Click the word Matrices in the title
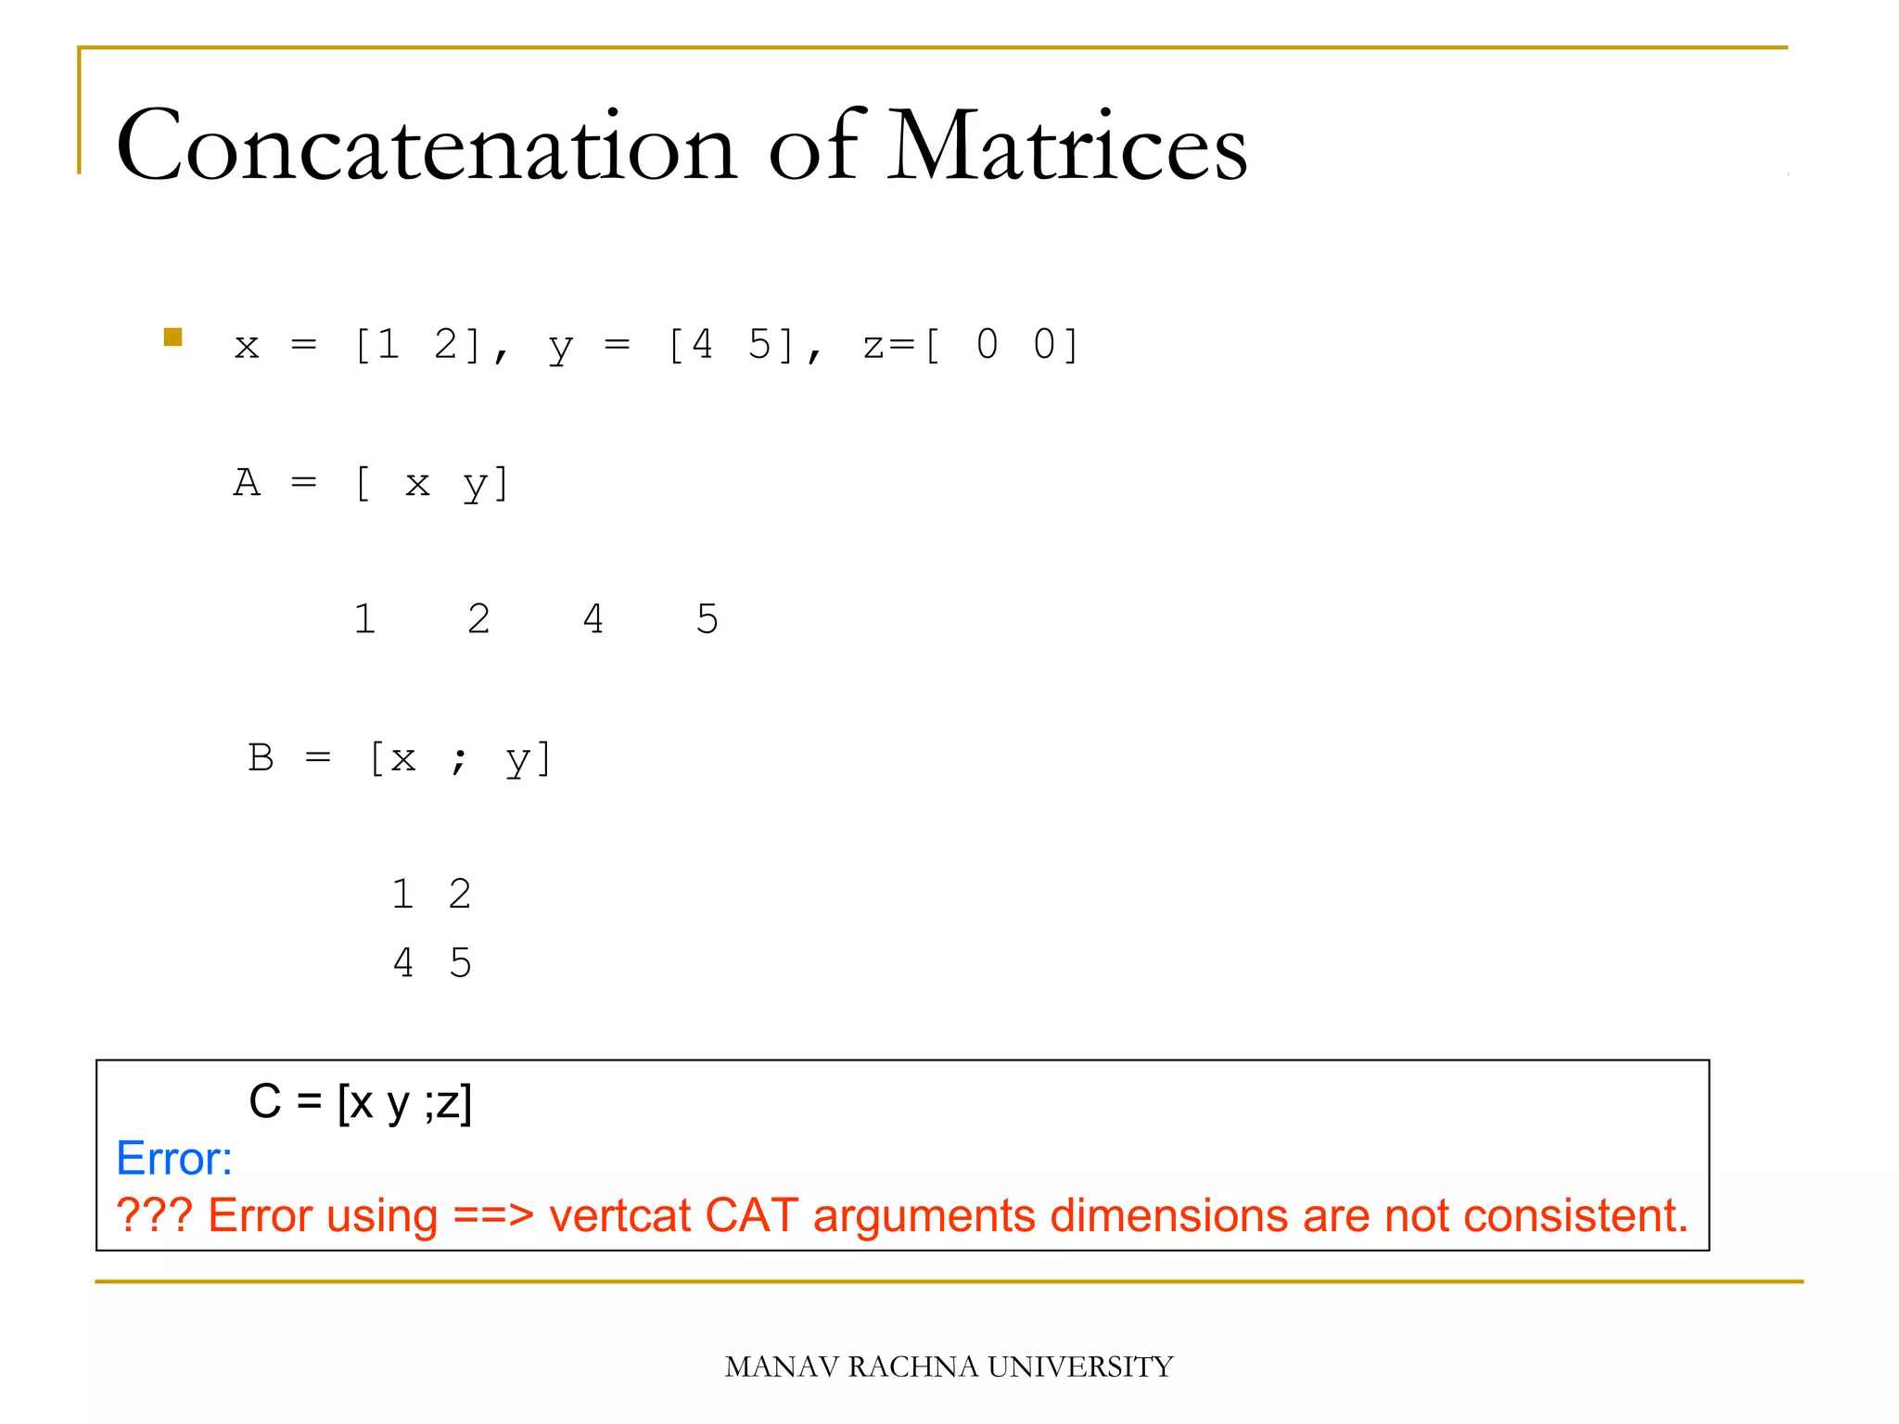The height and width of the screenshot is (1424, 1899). click(x=1066, y=146)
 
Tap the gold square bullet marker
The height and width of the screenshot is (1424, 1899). click(x=173, y=337)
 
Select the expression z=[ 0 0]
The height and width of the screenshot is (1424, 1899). click(x=970, y=345)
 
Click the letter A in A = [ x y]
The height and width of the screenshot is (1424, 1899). click(x=247, y=482)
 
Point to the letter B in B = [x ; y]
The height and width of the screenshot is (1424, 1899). click(x=261, y=757)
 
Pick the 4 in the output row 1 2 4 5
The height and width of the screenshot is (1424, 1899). click(x=593, y=618)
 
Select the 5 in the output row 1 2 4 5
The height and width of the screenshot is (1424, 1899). click(x=707, y=618)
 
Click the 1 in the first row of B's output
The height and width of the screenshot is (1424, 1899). click(x=402, y=894)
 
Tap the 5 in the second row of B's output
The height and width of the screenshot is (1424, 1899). click(x=461, y=962)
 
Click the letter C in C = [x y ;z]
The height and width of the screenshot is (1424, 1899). click(x=265, y=1101)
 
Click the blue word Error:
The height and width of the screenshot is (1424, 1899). click(x=174, y=1159)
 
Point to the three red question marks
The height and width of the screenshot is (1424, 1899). click(x=154, y=1214)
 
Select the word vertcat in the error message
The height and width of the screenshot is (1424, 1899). click(x=619, y=1215)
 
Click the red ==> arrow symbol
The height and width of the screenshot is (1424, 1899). click(x=493, y=1215)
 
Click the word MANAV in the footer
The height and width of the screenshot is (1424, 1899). click(x=782, y=1367)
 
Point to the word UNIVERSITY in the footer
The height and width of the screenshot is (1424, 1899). click(x=1080, y=1367)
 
